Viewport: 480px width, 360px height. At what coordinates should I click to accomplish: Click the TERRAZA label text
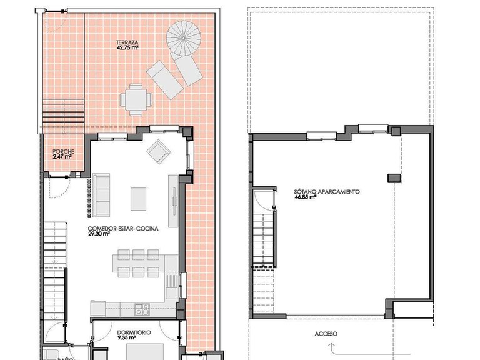pos(127,42)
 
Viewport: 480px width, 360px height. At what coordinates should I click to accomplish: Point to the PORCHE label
pos(63,152)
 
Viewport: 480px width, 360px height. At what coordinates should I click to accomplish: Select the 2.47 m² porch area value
pos(62,157)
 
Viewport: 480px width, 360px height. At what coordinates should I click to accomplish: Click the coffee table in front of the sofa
pos(138,199)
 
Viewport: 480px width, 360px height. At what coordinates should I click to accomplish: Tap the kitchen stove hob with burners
pos(142,308)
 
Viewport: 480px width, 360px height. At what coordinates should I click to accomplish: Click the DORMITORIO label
pos(134,333)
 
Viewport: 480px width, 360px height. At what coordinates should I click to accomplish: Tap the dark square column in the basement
pos(392,178)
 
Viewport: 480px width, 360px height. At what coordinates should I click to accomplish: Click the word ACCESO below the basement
pos(326,334)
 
